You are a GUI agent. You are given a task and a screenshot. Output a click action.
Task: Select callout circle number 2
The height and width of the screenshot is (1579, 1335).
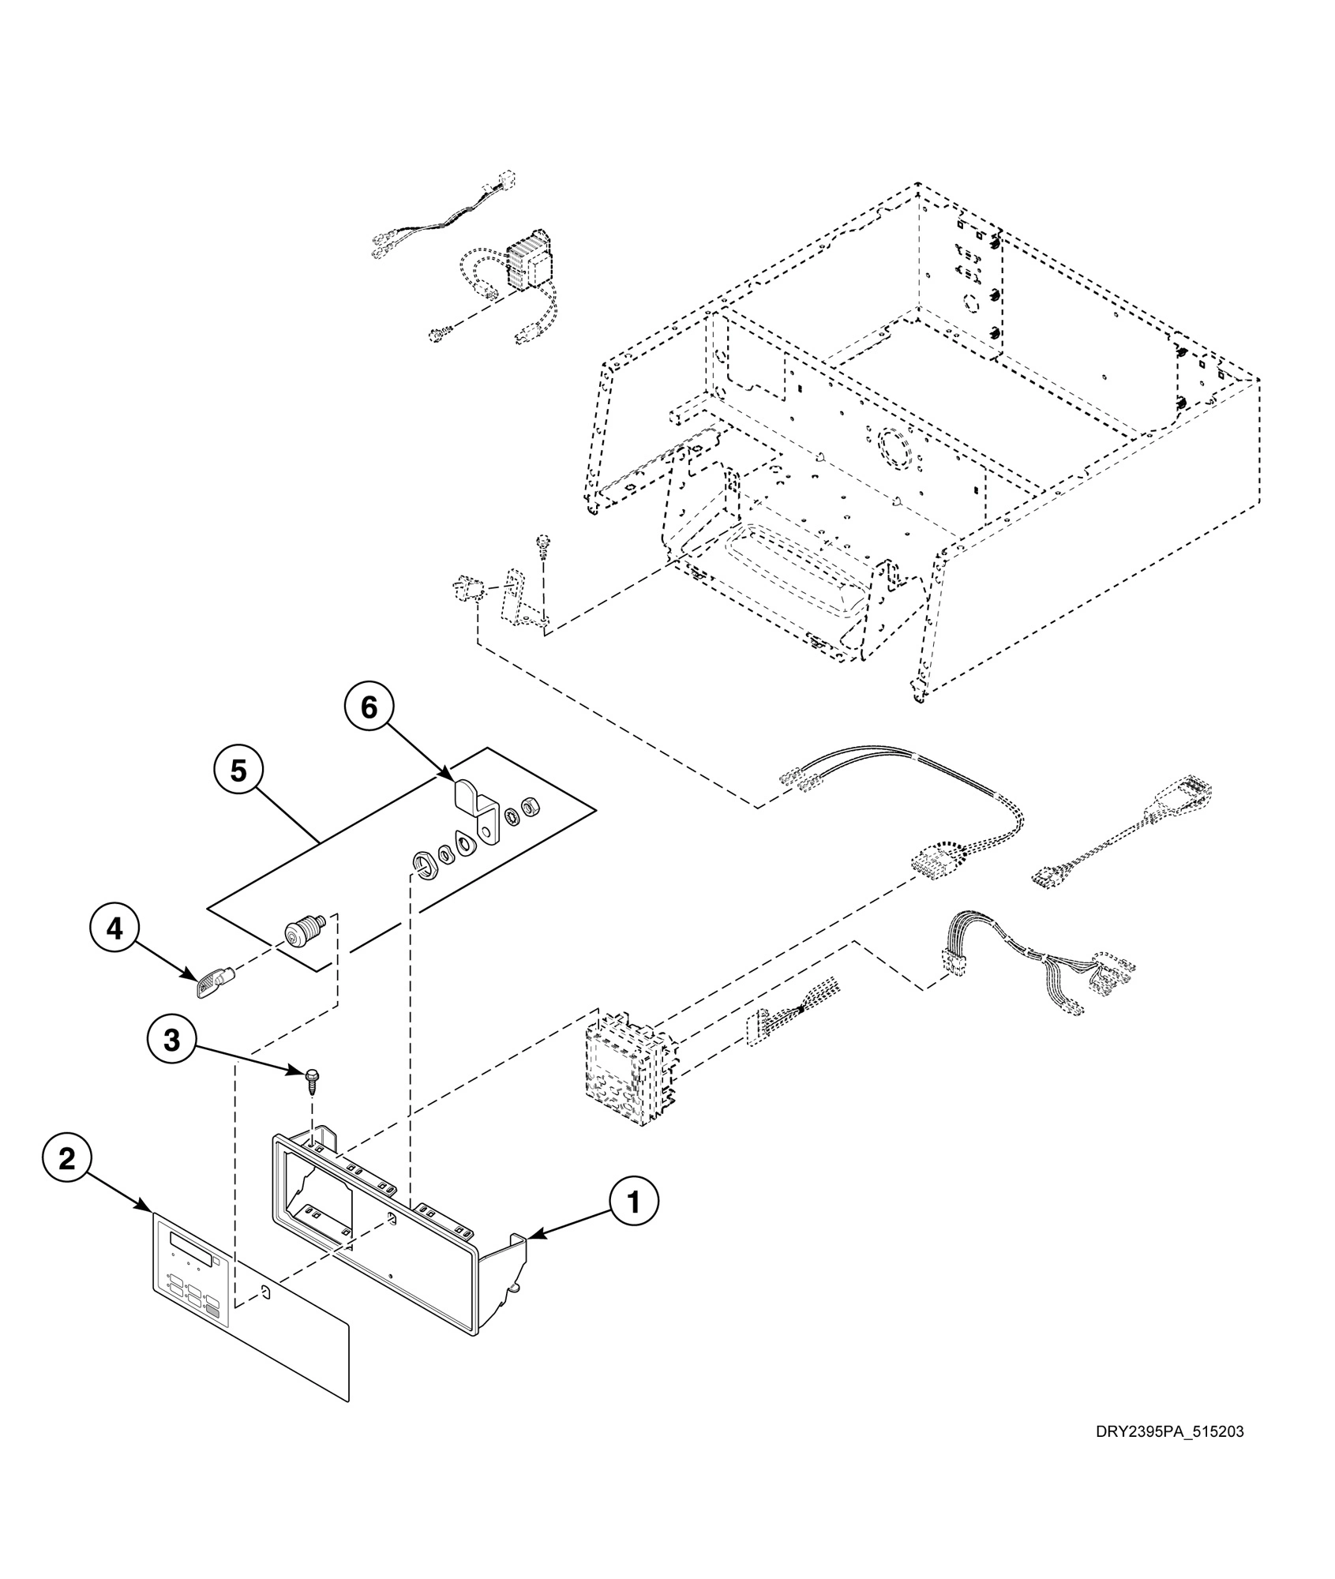[67, 1159]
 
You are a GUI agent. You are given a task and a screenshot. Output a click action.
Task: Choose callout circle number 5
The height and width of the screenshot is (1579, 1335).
[238, 771]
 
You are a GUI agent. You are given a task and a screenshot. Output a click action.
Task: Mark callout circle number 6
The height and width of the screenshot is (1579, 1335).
[369, 708]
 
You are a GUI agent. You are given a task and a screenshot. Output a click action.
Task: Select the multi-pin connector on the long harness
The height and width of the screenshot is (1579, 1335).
[938, 864]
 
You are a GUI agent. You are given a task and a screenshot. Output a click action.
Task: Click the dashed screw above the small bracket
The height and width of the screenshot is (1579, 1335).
[542, 544]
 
